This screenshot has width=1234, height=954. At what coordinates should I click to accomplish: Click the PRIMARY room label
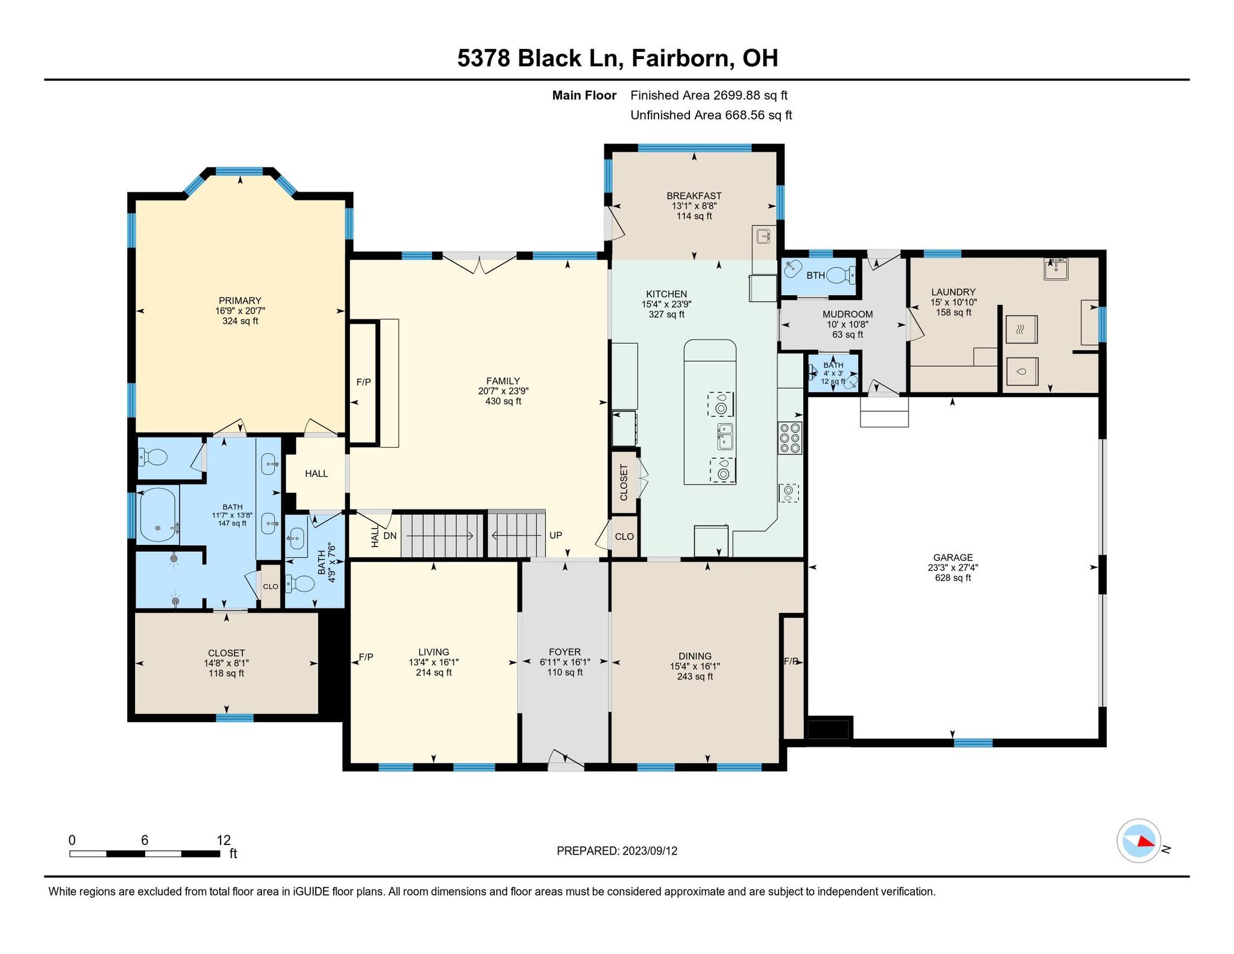click(240, 301)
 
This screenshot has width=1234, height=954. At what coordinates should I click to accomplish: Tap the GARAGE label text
click(953, 557)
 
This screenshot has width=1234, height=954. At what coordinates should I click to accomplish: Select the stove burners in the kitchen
click(789, 438)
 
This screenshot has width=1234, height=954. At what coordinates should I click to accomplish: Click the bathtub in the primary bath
click(158, 515)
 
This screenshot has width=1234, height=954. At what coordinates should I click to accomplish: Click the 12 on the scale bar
click(224, 840)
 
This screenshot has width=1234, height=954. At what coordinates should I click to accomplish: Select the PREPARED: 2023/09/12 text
click(617, 851)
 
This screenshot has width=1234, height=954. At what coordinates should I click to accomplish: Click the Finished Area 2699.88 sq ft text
click(709, 95)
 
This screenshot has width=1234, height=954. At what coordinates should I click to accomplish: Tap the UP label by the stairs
click(555, 535)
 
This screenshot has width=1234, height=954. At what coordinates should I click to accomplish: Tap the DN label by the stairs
click(390, 535)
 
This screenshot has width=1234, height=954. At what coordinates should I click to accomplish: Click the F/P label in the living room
click(366, 657)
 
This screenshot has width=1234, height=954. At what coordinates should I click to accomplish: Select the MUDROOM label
click(848, 314)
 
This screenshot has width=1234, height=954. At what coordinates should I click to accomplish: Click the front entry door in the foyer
click(566, 762)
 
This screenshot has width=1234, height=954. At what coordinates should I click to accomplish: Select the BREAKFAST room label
click(694, 196)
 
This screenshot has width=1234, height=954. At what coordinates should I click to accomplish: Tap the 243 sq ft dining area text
click(695, 677)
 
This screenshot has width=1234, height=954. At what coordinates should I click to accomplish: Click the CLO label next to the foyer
click(624, 536)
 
